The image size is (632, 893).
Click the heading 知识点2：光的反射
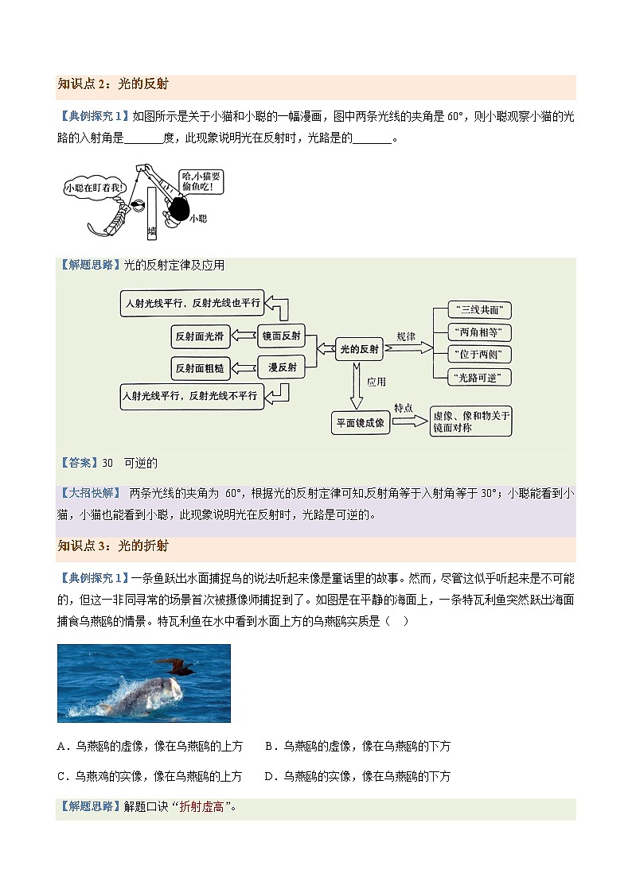113,83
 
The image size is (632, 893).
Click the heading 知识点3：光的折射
113,546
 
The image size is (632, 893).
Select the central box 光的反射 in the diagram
360,348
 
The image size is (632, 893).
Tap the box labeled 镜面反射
282,336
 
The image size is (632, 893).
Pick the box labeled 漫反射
282,367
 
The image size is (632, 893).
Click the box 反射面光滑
201,336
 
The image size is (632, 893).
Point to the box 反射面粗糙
201,367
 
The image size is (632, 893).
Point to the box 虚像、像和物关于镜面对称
470,421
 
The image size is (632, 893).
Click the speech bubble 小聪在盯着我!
95,188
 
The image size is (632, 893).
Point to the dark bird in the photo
177,666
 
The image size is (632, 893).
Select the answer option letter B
268,746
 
